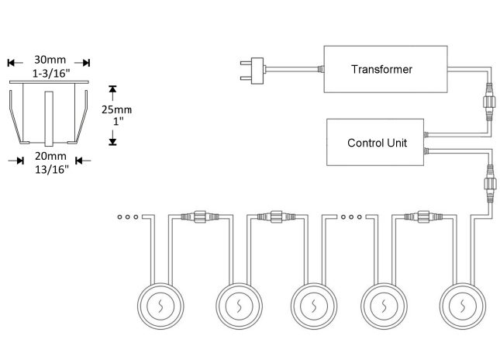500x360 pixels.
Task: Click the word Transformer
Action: pyautogui.click(x=381, y=69)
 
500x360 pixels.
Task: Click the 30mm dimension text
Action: pyautogui.click(x=50, y=60)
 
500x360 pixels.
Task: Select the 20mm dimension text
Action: pyautogui.click(x=50, y=157)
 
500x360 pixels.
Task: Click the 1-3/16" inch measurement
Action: pyautogui.click(x=50, y=73)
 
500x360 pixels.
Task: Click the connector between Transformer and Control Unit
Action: pyautogui.click(x=489, y=101)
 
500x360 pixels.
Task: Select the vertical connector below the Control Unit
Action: pyautogui.click(x=489, y=188)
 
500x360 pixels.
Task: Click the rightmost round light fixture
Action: pyautogui.click(x=464, y=304)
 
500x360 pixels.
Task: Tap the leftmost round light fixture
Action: pyautogui.click(x=160, y=304)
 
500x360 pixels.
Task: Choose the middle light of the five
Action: pyautogui.click(x=312, y=304)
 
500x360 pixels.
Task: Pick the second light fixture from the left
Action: pyautogui.click(x=236, y=304)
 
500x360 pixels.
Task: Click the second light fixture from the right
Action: pyautogui.click(x=388, y=304)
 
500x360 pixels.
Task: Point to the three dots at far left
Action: pyautogui.click(x=127, y=216)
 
